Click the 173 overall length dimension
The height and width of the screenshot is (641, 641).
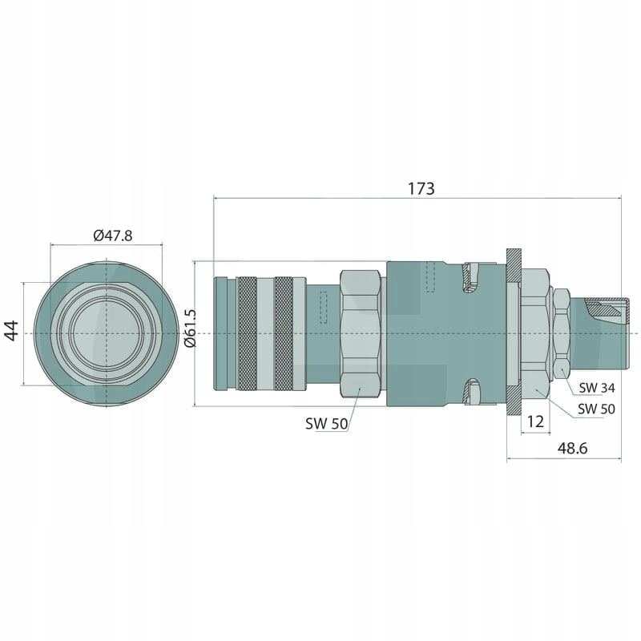tap(421, 189)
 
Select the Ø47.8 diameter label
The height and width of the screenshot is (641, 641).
tap(112, 235)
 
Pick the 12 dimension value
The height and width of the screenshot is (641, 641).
tap(535, 421)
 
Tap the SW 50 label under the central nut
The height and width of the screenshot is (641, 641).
tap(326, 424)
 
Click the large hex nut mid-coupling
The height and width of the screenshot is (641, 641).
tap(360, 333)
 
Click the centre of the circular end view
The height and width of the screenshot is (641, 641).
tap(106, 333)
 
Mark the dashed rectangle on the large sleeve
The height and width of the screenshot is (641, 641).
tap(431, 276)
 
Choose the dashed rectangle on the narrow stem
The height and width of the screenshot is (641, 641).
tap(324, 308)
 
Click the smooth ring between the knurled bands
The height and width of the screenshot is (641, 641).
tap(266, 333)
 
